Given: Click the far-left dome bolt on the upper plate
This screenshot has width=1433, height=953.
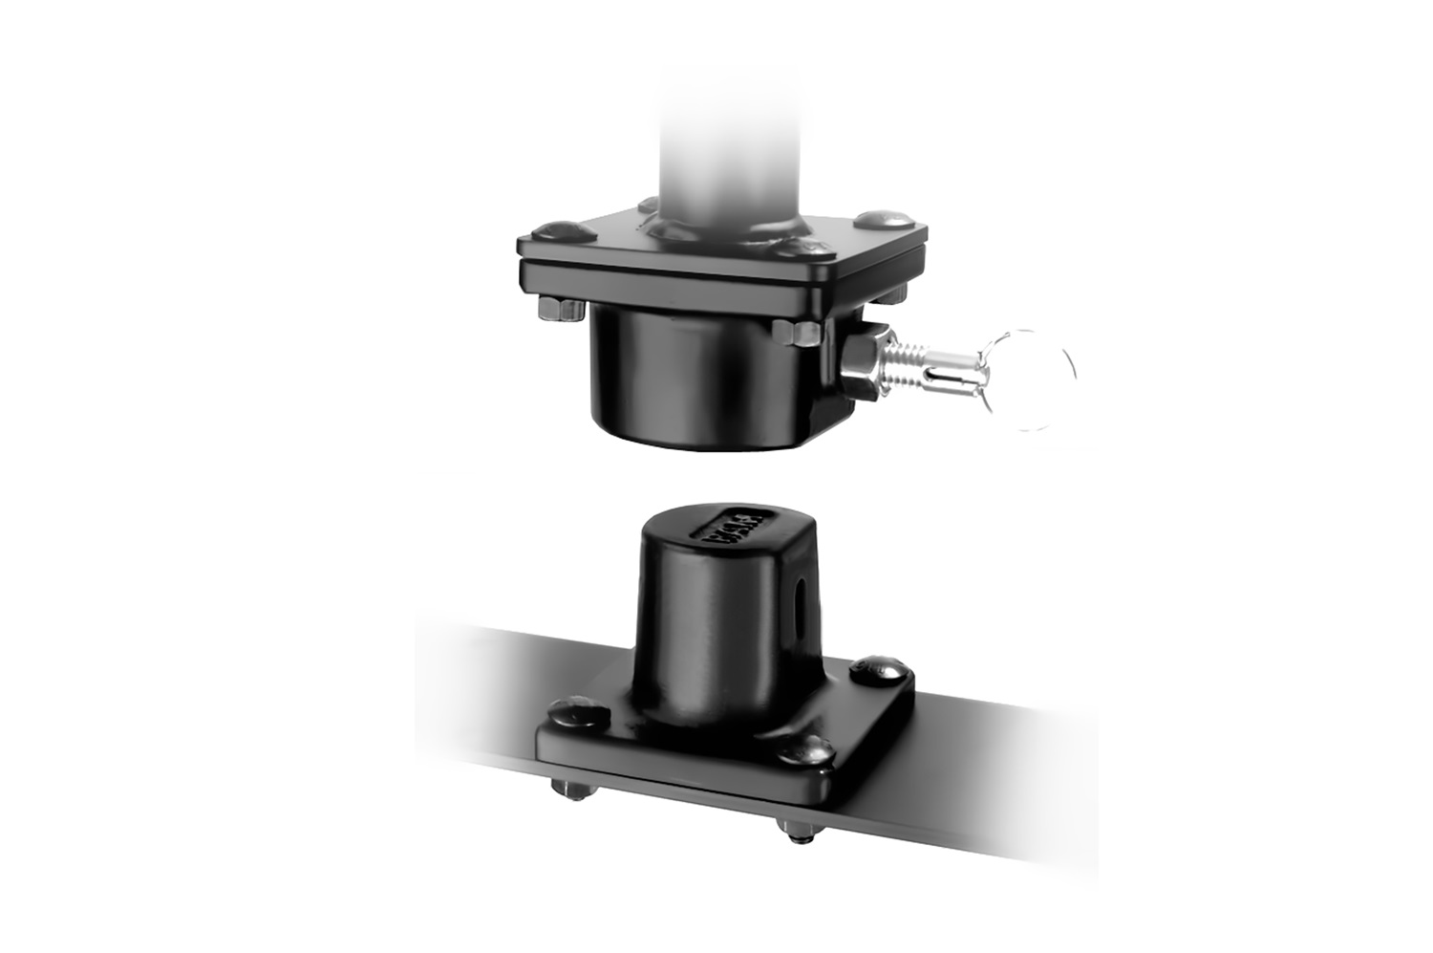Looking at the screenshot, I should point(555,230).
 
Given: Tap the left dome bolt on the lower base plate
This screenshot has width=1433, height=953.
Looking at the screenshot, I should point(578,713).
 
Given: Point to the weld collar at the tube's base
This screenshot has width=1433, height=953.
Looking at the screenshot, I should point(726,229).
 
